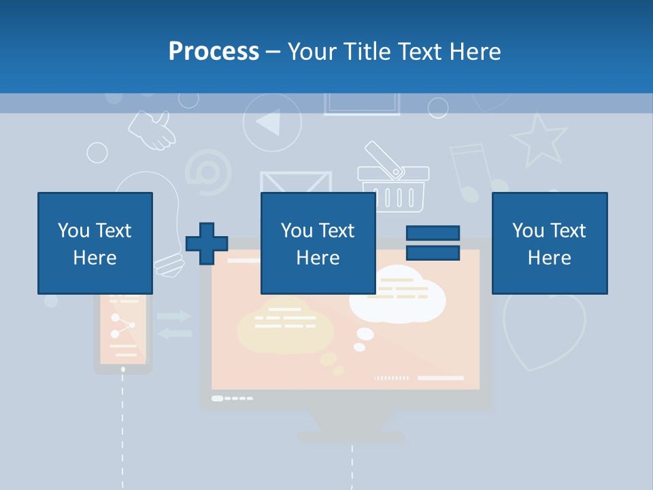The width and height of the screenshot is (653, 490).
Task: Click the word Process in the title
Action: click(x=214, y=51)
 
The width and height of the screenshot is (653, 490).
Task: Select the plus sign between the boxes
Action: click(x=207, y=244)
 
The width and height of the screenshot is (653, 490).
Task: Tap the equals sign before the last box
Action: click(x=433, y=243)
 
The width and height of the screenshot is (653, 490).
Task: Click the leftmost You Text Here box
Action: click(x=95, y=243)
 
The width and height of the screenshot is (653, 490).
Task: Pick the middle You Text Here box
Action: click(x=318, y=243)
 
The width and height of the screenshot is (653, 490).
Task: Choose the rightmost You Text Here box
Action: click(x=550, y=243)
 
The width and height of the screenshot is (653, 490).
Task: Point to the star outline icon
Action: click(x=539, y=140)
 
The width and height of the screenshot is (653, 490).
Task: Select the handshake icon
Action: click(x=152, y=130)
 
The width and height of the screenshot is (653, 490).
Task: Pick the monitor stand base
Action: click(x=351, y=436)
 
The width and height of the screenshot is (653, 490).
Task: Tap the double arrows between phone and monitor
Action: click(x=174, y=325)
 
